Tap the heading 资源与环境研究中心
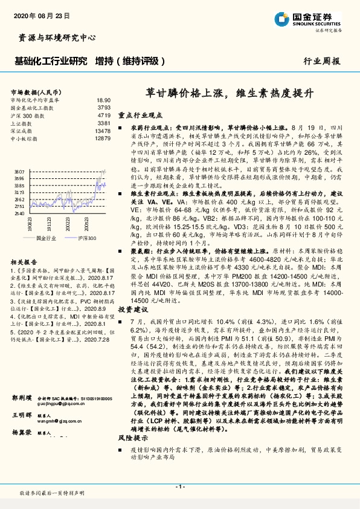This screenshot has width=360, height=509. (x=54, y=37)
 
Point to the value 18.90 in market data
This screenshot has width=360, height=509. (x=103, y=100)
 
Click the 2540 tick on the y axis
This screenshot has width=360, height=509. (x=19, y=213)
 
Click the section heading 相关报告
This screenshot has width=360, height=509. (x=25, y=261)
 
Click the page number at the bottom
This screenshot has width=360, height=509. (x=179, y=486)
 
